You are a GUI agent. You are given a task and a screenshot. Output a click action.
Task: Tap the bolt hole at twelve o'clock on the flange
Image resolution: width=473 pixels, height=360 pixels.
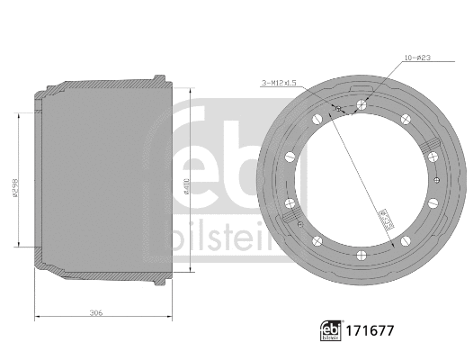pos(360,105)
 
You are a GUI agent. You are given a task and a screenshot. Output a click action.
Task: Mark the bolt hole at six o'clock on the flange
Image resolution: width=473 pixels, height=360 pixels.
pos(360,254)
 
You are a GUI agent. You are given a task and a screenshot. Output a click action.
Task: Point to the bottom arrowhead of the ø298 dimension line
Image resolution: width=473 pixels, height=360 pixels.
pos(20,244)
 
